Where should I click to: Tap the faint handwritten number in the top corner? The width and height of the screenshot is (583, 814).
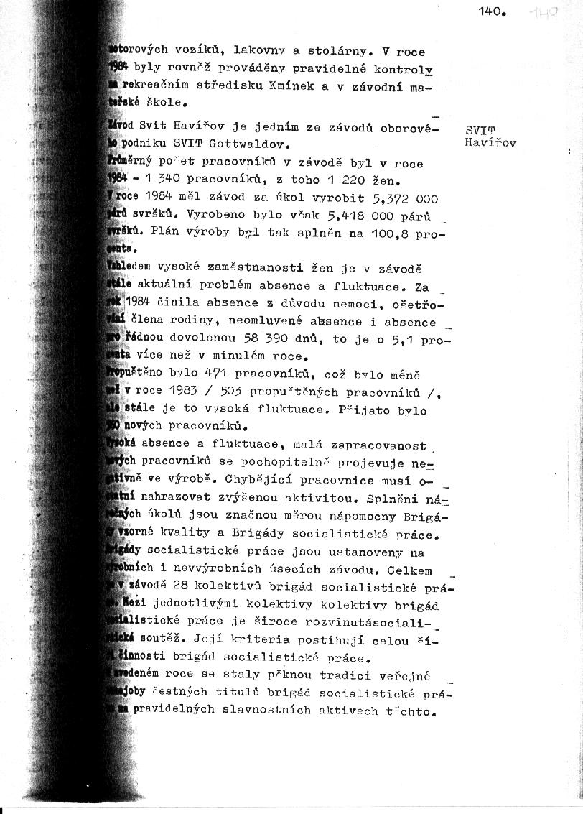click(542, 13)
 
